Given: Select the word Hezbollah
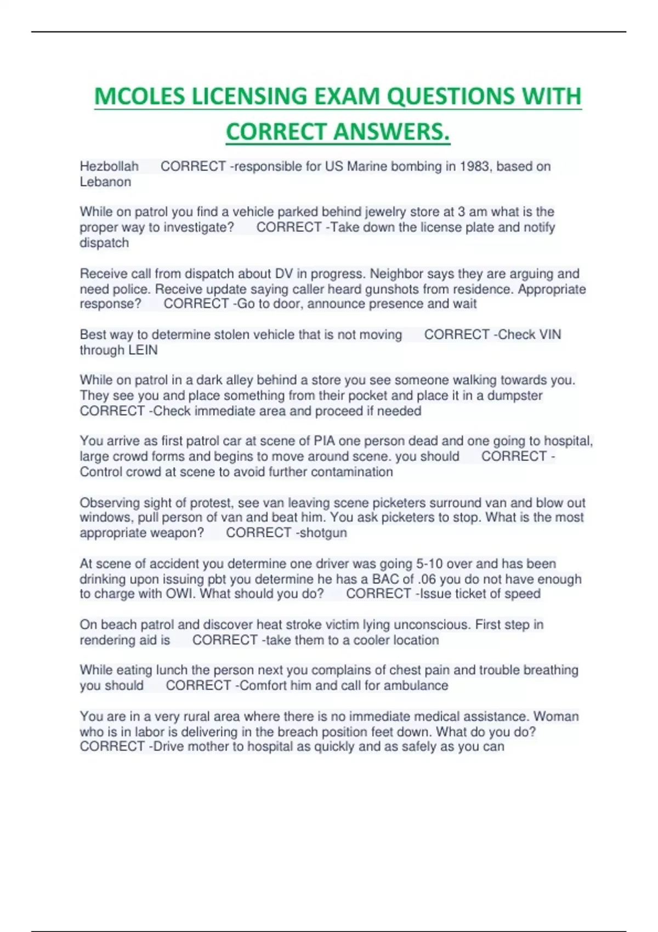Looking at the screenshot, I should pos(109,166).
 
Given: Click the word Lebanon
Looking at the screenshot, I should pos(105,182).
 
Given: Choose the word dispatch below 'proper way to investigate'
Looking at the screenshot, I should pos(104,243).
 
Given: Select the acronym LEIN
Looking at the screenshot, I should pos(143,350).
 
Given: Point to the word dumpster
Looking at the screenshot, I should pos(515,396).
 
